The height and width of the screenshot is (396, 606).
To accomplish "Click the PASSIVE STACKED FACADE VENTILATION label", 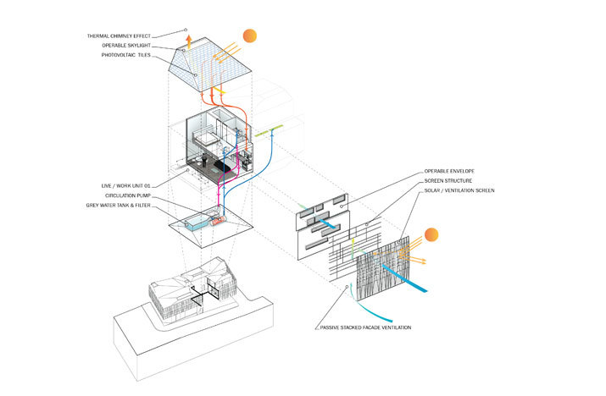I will [x=364, y=327].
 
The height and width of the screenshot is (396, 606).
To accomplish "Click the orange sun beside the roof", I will [x=248, y=36].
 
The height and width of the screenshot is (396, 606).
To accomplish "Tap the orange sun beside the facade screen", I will [x=431, y=235].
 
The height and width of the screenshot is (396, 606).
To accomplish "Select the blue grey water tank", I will [x=199, y=222].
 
